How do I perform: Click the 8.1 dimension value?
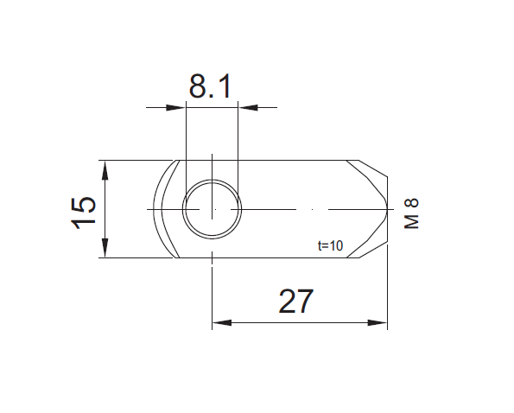tap(212, 87)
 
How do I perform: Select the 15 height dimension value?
tap(84, 211)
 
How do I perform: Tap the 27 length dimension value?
tap(295, 302)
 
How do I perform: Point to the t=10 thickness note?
tap(330, 246)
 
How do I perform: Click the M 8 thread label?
tap(412, 213)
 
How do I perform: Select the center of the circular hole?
tap(212, 209)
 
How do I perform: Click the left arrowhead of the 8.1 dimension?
tap(178, 107)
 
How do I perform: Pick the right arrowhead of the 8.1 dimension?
tap(245, 107)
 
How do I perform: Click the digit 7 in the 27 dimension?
tap(306, 302)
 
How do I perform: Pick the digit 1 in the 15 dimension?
tap(84, 221)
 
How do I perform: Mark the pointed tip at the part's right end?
tap(387, 209)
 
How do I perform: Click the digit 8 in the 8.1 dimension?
tap(198, 87)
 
